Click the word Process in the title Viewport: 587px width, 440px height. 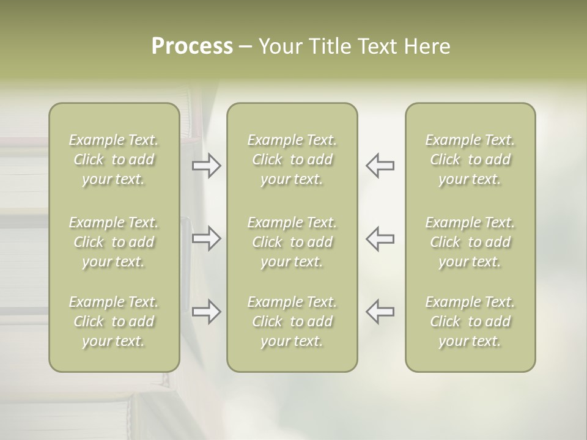[x=192, y=46]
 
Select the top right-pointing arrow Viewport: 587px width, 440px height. [x=207, y=166]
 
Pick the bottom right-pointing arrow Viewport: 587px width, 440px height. [x=207, y=312]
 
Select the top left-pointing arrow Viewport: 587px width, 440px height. [x=380, y=166]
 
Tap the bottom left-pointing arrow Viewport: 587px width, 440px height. [x=380, y=312]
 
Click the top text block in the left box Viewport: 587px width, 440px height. [x=114, y=159]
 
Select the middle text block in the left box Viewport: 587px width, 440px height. [x=114, y=242]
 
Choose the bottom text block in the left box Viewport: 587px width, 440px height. [x=114, y=321]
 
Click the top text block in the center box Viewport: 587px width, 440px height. [x=292, y=159]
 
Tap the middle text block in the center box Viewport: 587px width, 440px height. [x=292, y=242]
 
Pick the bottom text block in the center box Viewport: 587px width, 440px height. [x=292, y=321]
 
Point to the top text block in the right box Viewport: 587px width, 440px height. [x=470, y=159]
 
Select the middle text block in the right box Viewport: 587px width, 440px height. [x=470, y=242]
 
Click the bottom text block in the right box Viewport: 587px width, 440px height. [x=470, y=321]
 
